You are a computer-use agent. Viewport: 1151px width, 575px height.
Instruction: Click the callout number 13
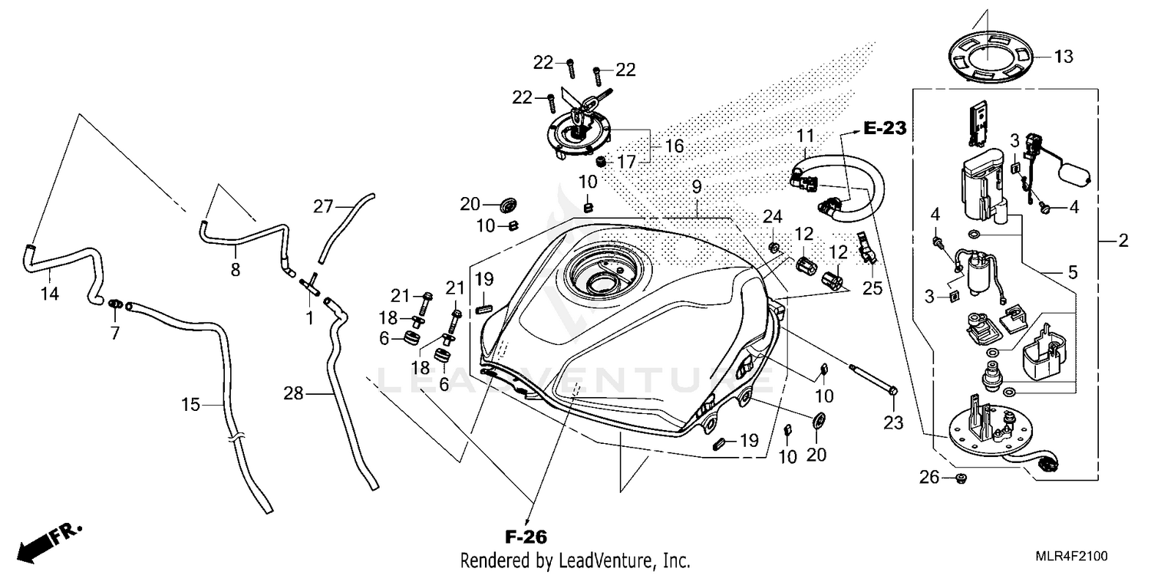pos(1064,57)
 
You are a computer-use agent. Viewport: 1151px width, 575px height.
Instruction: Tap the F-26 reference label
pos(526,536)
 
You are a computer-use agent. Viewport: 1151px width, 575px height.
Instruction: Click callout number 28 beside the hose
pos(294,394)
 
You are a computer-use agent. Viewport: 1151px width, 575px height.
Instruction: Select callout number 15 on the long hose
pos(191,403)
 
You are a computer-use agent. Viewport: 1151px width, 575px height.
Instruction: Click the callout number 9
pos(696,186)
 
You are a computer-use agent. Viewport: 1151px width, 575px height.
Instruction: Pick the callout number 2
pos(1123,242)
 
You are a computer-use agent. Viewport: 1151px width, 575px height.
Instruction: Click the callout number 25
pos(872,290)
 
